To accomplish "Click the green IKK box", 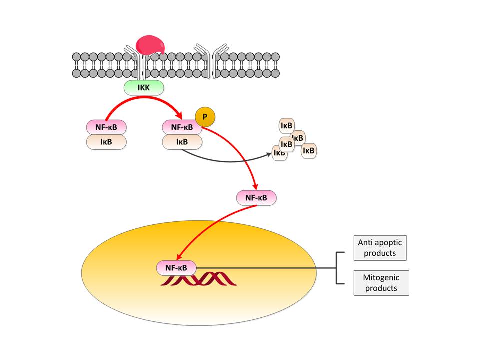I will [144, 88].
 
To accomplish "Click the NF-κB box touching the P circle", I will [182, 127].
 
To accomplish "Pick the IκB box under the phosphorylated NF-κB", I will [182, 142].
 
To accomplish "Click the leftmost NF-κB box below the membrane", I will [106, 127].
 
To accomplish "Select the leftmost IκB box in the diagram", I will [106, 142].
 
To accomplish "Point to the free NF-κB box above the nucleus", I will [256, 198].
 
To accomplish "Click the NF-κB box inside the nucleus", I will [177, 268].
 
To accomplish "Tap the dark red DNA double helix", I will [200, 279].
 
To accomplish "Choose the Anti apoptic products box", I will [380, 248].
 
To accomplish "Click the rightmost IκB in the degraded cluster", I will [309, 150].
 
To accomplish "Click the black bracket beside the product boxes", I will [339, 268].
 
